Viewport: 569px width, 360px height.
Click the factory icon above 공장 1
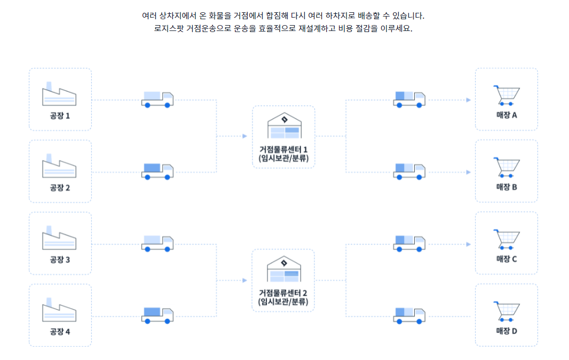[59, 95]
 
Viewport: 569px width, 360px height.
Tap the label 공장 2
[60, 187]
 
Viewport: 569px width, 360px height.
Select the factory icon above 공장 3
[59, 239]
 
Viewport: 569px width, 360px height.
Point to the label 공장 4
[60, 331]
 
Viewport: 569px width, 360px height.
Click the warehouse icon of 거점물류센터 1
[283, 126]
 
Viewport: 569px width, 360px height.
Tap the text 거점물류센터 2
[283, 293]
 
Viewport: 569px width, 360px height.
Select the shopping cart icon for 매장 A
[507, 96]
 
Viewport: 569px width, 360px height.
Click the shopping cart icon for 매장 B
[507, 168]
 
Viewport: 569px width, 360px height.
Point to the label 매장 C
[507, 259]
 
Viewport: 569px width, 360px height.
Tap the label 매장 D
[507, 331]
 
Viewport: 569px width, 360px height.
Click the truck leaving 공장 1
[157, 99]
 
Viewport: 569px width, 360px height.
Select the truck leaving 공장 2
[157, 171]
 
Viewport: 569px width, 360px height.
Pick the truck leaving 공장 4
[157, 316]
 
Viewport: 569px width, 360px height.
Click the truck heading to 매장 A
[409, 99]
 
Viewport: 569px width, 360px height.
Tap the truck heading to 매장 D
[409, 316]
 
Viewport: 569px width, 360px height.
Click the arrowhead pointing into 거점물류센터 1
[244, 136]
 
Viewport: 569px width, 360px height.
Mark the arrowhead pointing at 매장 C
[468, 244]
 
